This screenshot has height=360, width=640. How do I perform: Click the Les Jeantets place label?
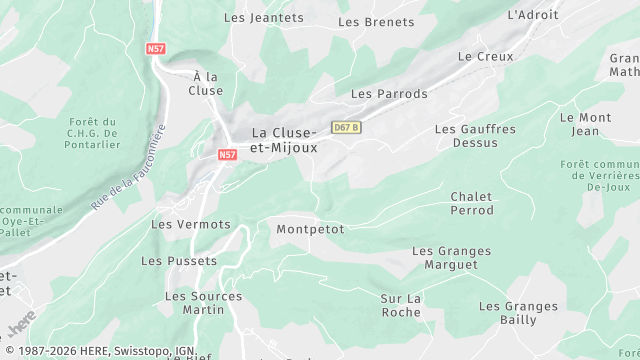(x=264, y=17)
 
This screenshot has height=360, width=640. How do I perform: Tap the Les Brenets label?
(x=376, y=22)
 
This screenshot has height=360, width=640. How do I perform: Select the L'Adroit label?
(x=531, y=15)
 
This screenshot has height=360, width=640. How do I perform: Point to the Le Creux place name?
(x=485, y=57)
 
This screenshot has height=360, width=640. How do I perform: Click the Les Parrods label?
(x=389, y=94)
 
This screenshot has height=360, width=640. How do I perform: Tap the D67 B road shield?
(x=346, y=128)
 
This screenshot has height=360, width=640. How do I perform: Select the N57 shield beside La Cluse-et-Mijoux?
(x=227, y=155)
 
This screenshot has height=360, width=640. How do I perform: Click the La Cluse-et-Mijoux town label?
(x=284, y=140)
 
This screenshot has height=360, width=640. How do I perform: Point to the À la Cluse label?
(x=205, y=83)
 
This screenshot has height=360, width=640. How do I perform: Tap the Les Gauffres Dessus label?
(x=475, y=136)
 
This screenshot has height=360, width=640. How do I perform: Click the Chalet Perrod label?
(x=472, y=204)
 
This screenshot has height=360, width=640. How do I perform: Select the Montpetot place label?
(x=310, y=229)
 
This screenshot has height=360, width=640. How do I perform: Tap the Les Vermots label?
(x=190, y=224)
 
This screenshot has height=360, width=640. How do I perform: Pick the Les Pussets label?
(x=179, y=261)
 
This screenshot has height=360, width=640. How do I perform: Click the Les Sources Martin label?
(x=203, y=303)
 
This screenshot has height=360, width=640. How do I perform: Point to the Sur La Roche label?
(x=401, y=305)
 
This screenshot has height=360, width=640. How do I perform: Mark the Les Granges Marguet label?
(x=452, y=258)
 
